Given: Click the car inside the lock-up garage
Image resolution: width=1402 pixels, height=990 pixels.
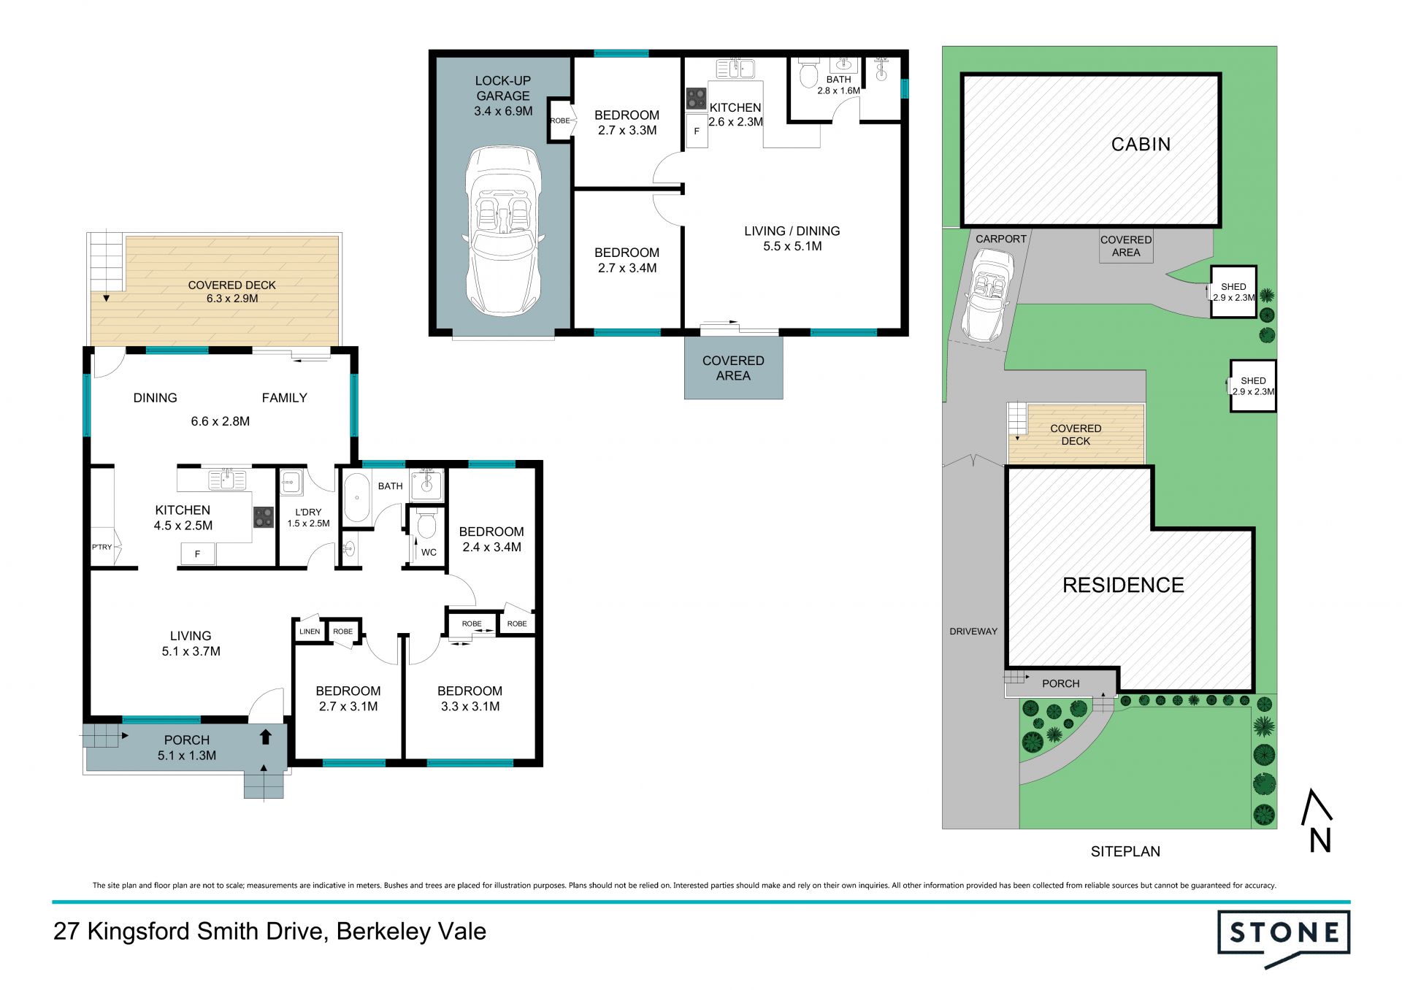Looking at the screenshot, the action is click(x=504, y=231).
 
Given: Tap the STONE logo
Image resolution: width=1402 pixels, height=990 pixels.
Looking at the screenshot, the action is click(x=1284, y=938).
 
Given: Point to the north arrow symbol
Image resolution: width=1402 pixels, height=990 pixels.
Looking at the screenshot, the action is click(x=1318, y=820).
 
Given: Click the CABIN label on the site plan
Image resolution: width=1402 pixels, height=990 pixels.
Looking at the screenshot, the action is click(x=1141, y=145).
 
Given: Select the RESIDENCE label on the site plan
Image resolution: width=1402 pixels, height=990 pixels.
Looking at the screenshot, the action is click(x=1123, y=585).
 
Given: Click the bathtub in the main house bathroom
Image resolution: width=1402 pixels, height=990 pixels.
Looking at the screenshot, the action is click(x=356, y=498).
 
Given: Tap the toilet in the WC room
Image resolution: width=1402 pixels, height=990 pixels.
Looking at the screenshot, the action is click(x=426, y=523).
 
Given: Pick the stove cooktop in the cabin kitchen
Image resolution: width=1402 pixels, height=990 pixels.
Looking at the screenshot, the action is click(x=696, y=99).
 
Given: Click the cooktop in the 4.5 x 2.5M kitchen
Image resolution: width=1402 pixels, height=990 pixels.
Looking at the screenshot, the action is click(x=263, y=518).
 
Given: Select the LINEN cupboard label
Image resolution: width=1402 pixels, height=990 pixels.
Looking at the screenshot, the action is click(x=310, y=632).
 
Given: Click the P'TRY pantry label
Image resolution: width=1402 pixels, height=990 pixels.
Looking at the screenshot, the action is click(x=101, y=547).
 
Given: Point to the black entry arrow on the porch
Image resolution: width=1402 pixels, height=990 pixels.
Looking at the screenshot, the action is click(x=266, y=737).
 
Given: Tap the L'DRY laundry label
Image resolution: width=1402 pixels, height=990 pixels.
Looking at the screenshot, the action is click(x=308, y=513).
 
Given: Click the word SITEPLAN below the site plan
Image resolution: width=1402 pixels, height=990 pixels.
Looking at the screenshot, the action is click(x=1125, y=851).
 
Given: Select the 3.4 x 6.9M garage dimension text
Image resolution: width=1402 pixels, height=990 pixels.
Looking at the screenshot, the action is click(x=503, y=111).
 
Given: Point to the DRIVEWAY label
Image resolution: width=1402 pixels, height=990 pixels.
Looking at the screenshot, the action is click(x=973, y=632).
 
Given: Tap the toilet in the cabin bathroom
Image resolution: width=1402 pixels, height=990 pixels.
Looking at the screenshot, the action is click(x=808, y=73).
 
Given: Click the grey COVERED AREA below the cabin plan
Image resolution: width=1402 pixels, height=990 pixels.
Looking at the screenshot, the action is click(x=733, y=367).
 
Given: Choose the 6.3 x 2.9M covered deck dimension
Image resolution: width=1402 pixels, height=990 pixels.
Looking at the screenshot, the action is click(x=232, y=299).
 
